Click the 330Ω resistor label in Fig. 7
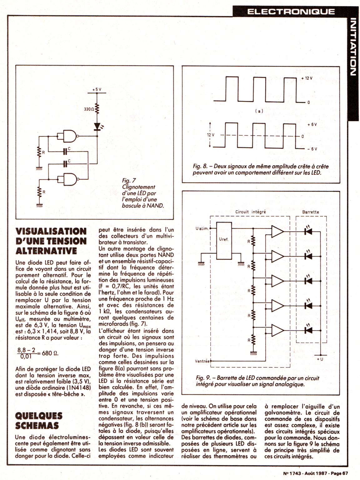(89, 109)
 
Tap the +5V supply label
(97, 89)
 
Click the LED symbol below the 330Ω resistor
(97, 126)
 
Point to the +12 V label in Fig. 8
(307, 78)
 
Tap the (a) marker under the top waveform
(259, 111)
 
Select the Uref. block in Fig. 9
(224, 240)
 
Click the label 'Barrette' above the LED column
(311, 212)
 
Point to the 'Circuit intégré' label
(250, 212)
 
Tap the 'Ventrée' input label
(202, 361)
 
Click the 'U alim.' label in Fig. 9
(202, 228)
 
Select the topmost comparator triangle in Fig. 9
(277, 232)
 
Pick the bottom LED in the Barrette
(308, 330)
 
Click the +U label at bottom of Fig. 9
(320, 359)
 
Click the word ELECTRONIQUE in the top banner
(291, 12)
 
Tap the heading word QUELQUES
(39, 416)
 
